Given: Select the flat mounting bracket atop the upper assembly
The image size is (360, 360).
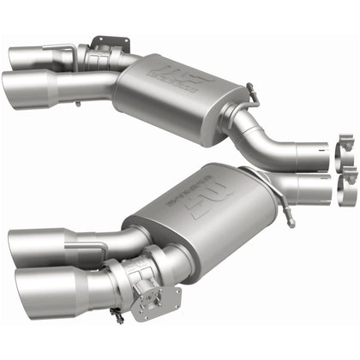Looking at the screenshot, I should (x=103, y=43).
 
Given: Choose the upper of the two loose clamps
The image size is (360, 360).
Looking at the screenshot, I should (x=349, y=147).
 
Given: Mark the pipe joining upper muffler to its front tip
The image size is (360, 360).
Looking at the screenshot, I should (x=94, y=84).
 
